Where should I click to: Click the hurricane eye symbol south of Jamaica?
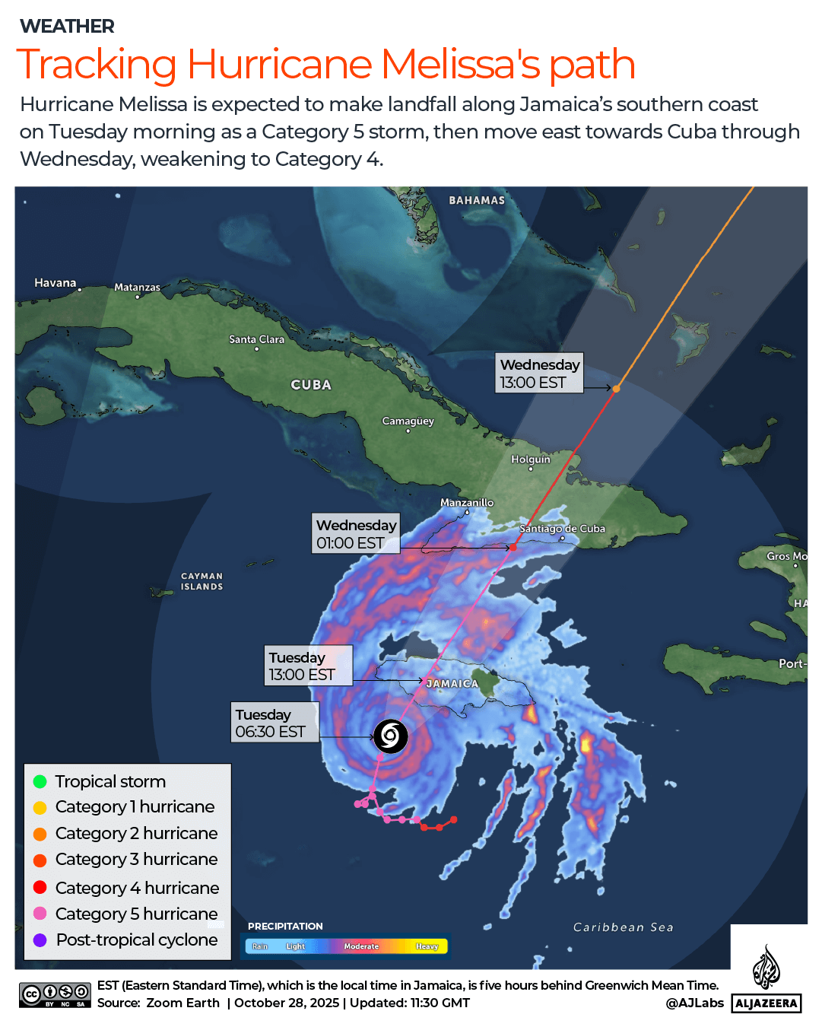tap(390, 736)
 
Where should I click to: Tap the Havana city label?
tap(56, 283)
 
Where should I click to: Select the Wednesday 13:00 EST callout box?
tap(540, 373)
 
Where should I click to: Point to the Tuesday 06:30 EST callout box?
tap(275, 723)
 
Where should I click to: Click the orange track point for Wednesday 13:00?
tap(617, 389)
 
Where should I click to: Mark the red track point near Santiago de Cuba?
tap(513, 547)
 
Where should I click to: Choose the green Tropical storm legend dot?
tap(40, 781)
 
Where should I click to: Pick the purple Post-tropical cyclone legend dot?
tap(40, 940)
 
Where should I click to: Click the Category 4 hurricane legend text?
tap(137, 888)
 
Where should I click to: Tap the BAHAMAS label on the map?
tap(477, 200)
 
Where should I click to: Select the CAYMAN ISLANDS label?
tap(202, 581)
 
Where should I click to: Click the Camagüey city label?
tap(408, 421)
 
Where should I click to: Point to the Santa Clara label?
tap(256, 339)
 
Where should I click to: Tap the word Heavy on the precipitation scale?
tap(427, 946)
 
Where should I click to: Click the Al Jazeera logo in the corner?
tap(766, 978)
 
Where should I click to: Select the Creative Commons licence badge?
tap(56, 994)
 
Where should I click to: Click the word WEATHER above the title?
tap(67, 27)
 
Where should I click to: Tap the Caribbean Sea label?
tap(623, 927)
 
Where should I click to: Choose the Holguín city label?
tap(530, 459)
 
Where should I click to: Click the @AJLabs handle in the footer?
tap(694, 1003)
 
